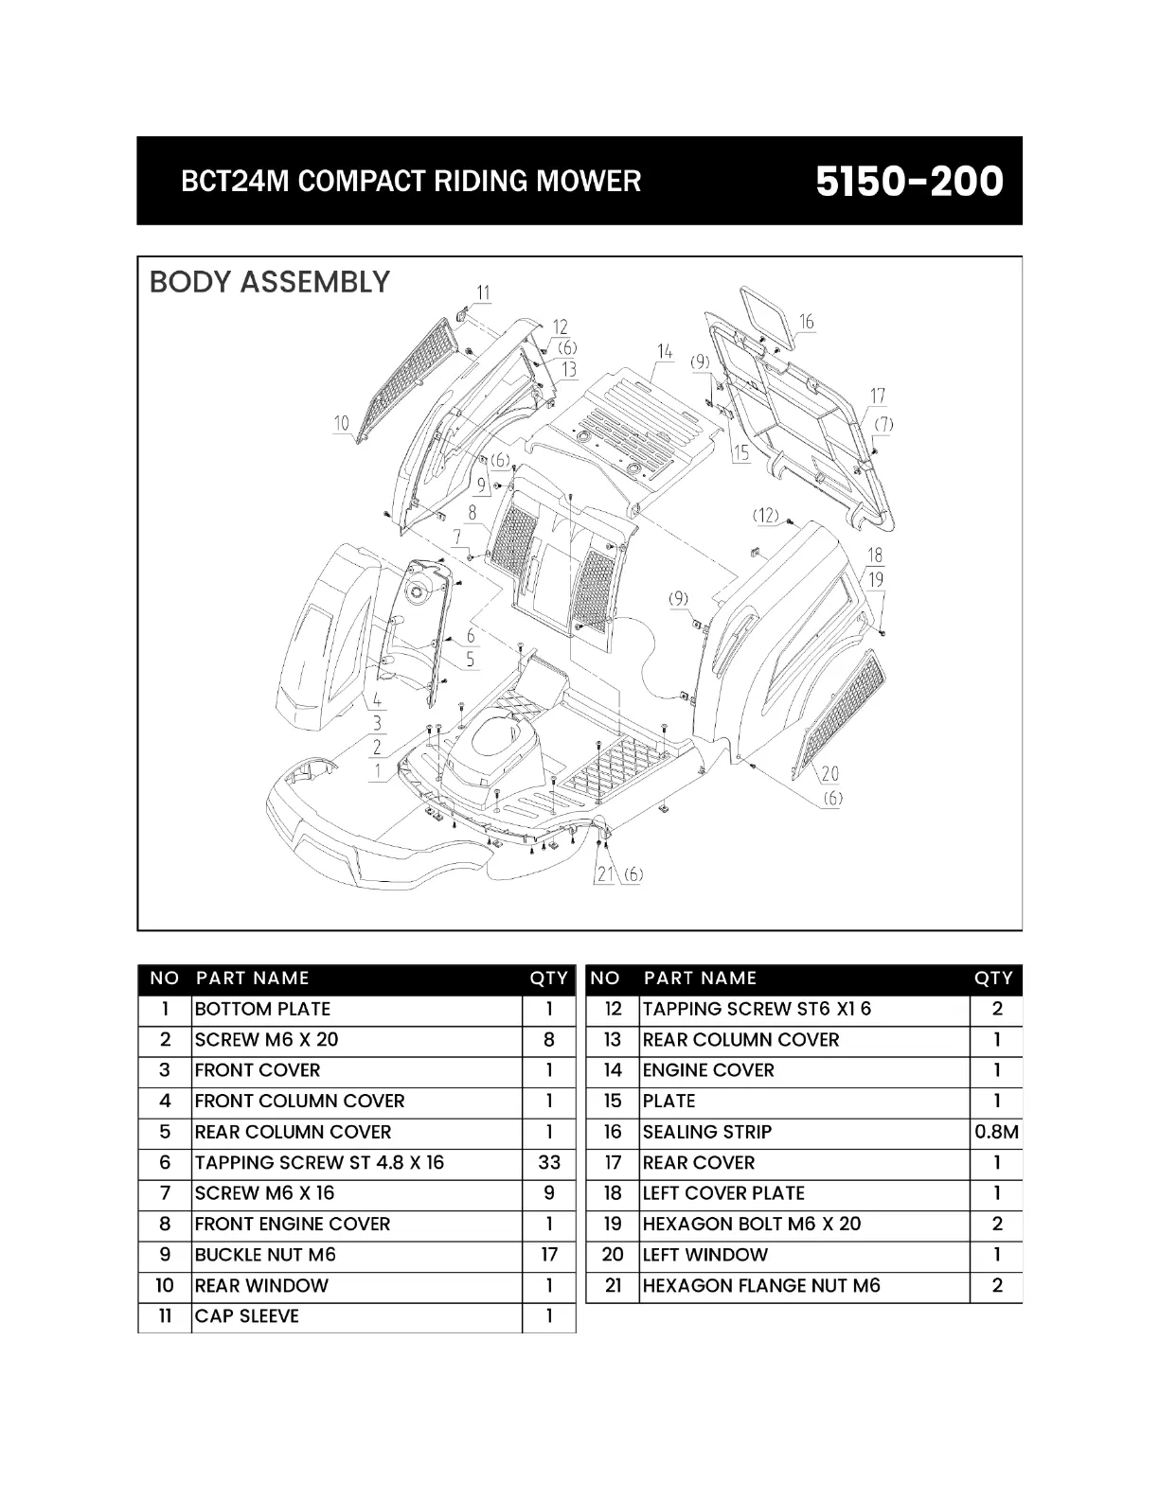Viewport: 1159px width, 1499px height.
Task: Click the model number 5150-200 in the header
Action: tap(909, 181)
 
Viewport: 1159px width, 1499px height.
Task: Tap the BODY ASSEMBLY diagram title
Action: tap(270, 282)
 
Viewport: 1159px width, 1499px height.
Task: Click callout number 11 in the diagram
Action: tap(484, 292)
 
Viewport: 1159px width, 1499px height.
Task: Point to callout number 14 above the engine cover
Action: tap(665, 352)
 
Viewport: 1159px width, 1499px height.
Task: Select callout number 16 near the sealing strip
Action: tap(806, 322)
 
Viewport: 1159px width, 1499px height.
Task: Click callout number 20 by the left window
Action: tap(830, 774)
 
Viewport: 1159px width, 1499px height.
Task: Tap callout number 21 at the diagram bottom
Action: tap(605, 873)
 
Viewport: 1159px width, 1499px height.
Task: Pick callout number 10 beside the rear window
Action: tap(342, 423)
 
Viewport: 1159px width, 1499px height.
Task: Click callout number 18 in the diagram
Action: tap(875, 556)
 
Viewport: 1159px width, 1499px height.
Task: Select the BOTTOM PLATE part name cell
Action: tap(262, 1009)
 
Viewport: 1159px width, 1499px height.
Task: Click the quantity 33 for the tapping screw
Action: tap(548, 1162)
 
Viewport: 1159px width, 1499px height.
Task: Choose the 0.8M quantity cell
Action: tap(996, 1132)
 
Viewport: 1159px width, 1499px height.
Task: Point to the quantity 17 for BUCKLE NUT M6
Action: tap(548, 1255)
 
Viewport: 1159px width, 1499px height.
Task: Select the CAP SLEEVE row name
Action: tap(247, 1316)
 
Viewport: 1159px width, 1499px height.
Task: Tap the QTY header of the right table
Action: tap(993, 979)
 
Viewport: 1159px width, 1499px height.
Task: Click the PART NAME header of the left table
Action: tap(253, 979)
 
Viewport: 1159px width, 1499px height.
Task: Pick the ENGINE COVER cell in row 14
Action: tap(708, 1070)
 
